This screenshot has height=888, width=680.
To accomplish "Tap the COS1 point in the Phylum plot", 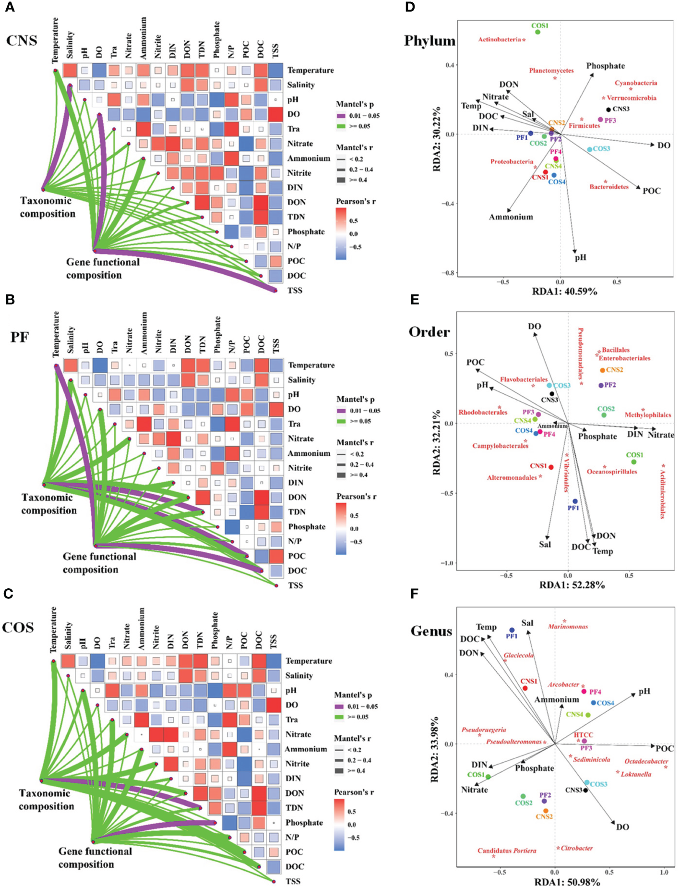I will [537, 32].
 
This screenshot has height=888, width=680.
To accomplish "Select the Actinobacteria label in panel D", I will [500, 39].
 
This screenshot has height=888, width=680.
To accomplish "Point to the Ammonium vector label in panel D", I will [511, 217].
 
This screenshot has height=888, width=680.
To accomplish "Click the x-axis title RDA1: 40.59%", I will [564, 291].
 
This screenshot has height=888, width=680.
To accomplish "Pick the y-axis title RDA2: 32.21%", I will [436, 442].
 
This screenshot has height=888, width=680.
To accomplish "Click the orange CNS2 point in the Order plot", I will [602, 370].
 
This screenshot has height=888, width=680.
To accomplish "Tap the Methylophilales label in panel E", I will [647, 415].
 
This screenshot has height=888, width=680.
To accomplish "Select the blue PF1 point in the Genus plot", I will [512, 630].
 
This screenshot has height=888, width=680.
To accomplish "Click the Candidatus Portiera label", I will [507, 851].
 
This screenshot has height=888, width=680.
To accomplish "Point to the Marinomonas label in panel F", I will [568, 626].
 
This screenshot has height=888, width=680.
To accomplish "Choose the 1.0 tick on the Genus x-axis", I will [664, 872].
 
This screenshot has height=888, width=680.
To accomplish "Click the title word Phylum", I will [429, 41].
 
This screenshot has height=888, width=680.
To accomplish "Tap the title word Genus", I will [431, 631].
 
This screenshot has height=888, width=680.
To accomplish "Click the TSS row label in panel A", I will [295, 290].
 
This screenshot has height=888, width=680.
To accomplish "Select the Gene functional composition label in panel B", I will [99, 563].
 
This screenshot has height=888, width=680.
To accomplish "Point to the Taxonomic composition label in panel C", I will [47, 800].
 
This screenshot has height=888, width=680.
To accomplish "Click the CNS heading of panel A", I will [22, 40].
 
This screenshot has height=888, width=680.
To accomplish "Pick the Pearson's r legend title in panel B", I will [356, 496].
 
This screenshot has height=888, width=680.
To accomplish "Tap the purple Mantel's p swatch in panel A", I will [341, 116].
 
